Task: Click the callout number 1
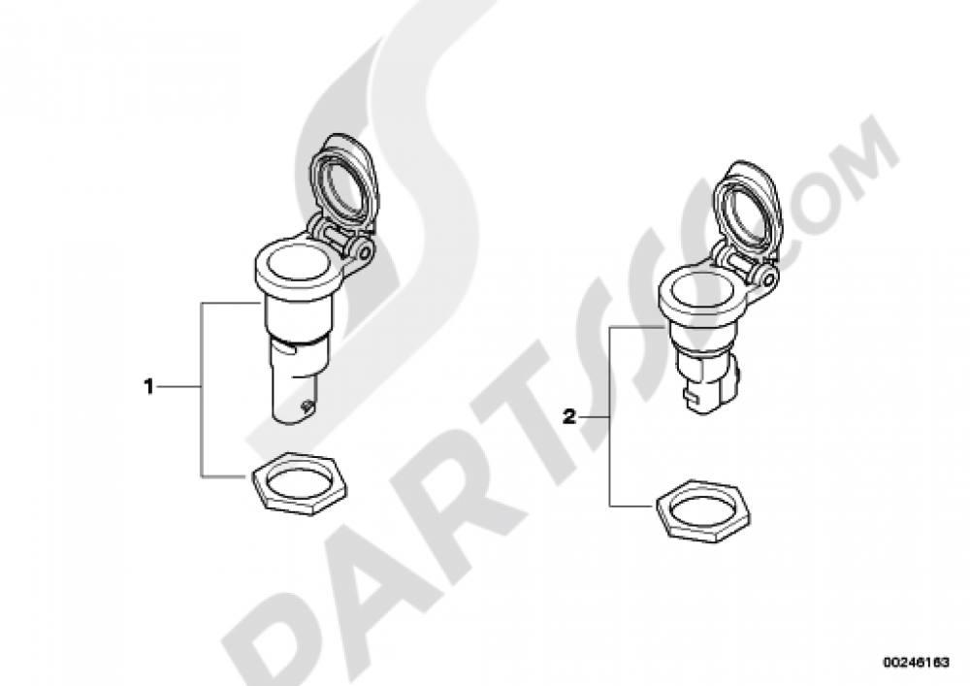click(x=148, y=387)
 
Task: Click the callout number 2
click(x=569, y=416)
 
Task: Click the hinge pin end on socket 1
click(x=365, y=252)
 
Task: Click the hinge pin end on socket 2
click(x=767, y=278)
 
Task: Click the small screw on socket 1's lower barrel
click(x=304, y=406)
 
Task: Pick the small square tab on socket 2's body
click(x=688, y=394)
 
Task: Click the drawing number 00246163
click(x=915, y=662)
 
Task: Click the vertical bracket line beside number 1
click(x=202, y=390)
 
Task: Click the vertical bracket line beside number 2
click(x=610, y=416)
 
